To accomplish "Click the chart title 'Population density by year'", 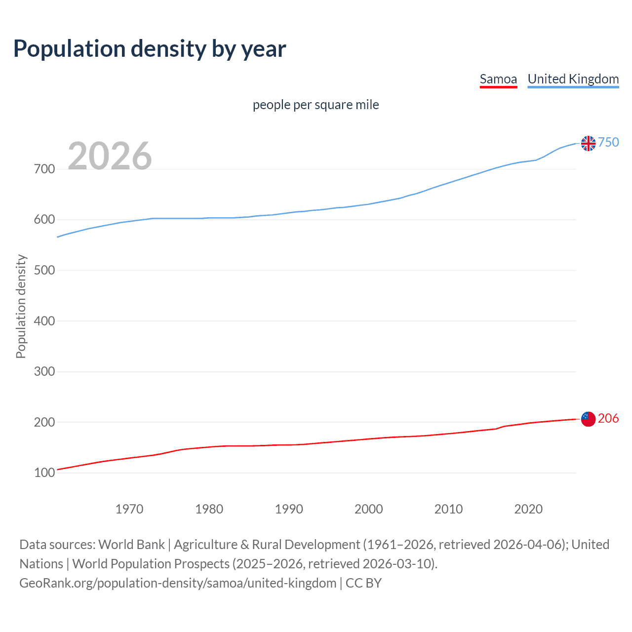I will pyautogui.click(x=150, y=49).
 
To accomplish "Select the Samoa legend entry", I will pyautogui.click(x=498, y=79).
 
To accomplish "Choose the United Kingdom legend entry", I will pyautogui.click(x=573, y=79).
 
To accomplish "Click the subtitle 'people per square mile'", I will pyautogui.click(x=316, y=105).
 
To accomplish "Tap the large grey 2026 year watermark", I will pyautogui.click(x=110, y=156).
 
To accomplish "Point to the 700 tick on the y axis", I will pyautogui.click(x=44, y=169).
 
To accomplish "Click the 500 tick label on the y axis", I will pyautogui.click(x=44, y=271).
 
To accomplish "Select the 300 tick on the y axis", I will pyautogui.click(x=44, y=372).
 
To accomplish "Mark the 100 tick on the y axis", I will pyautogui.click(x=44, y=473).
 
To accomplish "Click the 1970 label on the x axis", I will pyautogui.click(x=129, y=509).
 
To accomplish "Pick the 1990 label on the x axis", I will pyautogui.click(x=289, y=509).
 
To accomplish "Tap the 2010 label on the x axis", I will pyautogui.click(x=448, y=509).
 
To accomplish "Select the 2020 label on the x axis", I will pyautogui.click(x=528, y=509).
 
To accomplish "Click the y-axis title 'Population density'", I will pyautogui.click(x=21, y=306).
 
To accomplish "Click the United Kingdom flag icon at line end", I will pyautogui.click(x=588, y=143).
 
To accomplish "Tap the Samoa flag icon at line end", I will pyautogui.click(x=588, y=419).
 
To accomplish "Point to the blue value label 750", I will pyautogui.click(x=608, y=143).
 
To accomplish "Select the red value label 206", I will pyautogui.click(x=608, y=419).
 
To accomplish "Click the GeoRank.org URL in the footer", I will pyautogui.click(x=178, y=583).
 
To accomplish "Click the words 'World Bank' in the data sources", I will pyautogui.click(x=131, y=545).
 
